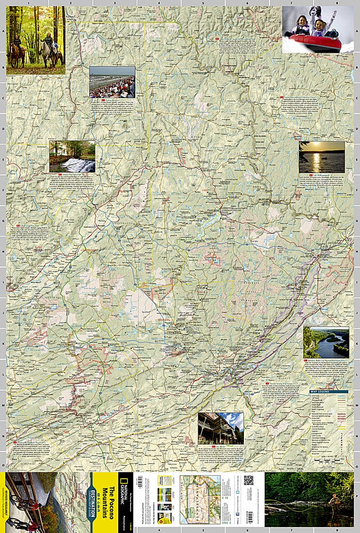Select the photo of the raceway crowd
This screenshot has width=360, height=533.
pyautogui.click(x=112, y=82)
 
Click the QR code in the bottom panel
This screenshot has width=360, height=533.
pyautogui.click(x=249, y=480)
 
